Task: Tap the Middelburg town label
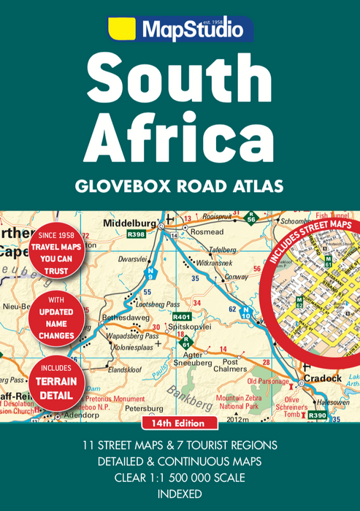tap(131, 223)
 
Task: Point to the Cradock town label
tap(321, 378)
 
